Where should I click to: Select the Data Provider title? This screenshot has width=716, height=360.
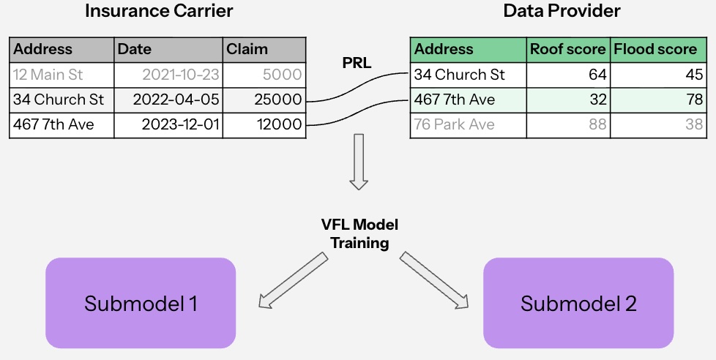pos(562,11)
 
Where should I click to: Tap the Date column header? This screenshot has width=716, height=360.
pos(135,50)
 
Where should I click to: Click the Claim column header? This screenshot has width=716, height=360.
pos(247,50)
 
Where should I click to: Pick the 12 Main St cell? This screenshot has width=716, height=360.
pos(48,75)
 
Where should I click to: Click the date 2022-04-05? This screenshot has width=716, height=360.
pos(176,100)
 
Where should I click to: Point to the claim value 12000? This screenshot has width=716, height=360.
pos(279,125)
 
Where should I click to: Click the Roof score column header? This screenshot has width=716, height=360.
pos(567,50)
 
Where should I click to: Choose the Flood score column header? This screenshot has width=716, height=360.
pos(655,50)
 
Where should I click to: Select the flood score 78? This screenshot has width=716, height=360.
pos(691,100)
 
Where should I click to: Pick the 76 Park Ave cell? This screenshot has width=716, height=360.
pos(454,125)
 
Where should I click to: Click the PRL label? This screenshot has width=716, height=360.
pos(357,63)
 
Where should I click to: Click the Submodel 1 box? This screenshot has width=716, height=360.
pos(141,303)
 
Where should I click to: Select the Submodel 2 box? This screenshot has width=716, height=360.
pos(578,303)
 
